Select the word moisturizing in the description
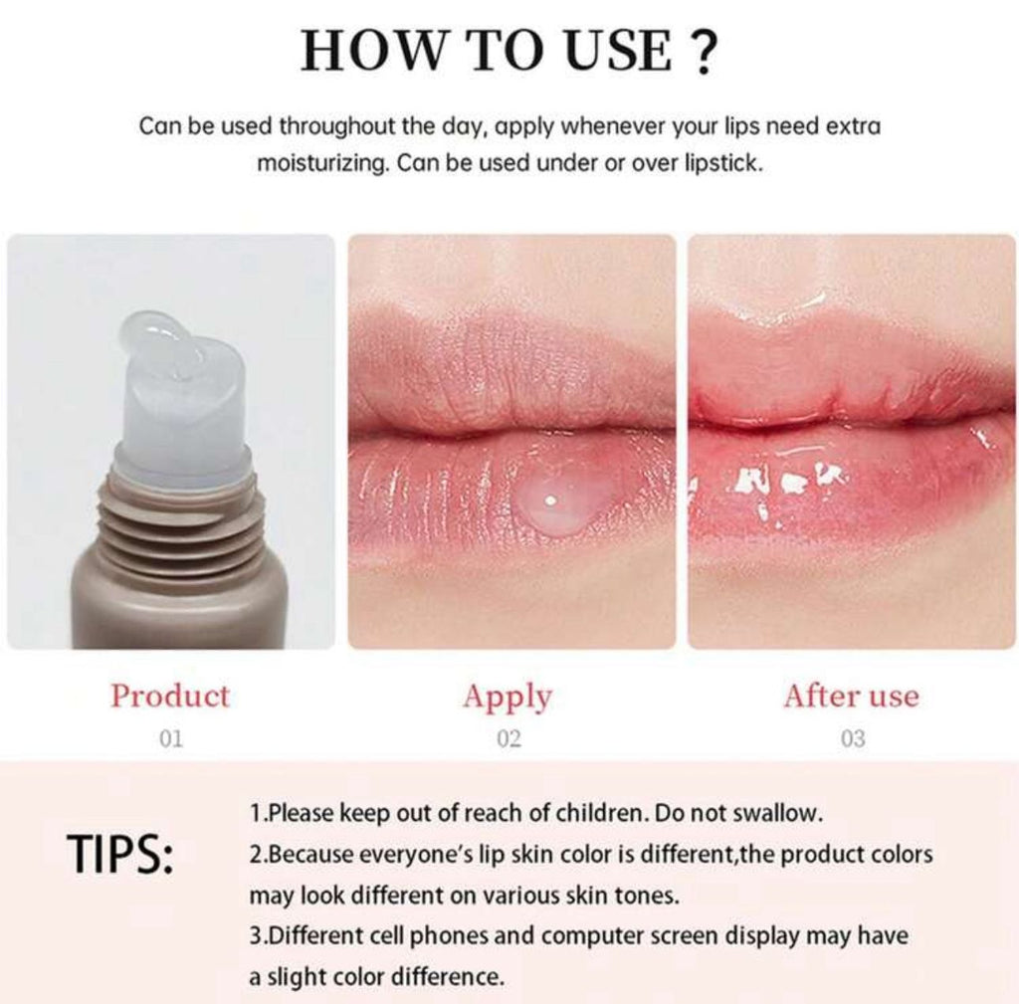(x=320, y=163)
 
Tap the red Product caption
(x=170, y=696)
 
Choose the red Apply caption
(x=508, y=697)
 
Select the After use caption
(x=851, y=696)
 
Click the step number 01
(x=170, y=738)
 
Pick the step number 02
(x=508, y=738)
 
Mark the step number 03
(x=852, y=738)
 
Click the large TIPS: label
(x=120, y=855)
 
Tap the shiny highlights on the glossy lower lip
(x=776, y=484)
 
